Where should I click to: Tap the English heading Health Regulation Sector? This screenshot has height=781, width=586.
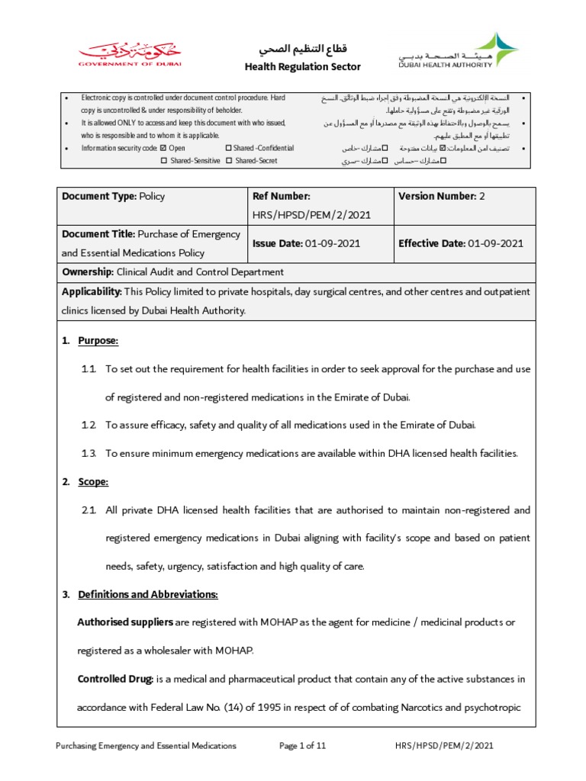point(302,67)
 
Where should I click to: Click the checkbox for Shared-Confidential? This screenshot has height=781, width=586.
point(228,148)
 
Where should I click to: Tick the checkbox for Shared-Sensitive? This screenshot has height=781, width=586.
point(164,161)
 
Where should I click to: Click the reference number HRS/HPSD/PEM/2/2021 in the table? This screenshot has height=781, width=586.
point(311,215)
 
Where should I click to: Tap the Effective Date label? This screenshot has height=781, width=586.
point(431,243)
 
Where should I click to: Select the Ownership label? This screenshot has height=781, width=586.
point(87,272)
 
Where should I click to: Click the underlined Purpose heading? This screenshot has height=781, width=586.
point(98,341)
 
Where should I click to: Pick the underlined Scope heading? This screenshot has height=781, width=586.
point(93,482)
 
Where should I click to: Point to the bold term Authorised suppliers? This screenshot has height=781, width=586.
point(125,622)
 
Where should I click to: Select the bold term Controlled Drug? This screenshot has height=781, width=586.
point(115,679)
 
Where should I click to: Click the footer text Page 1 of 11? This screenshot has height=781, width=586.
point(303,746)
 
